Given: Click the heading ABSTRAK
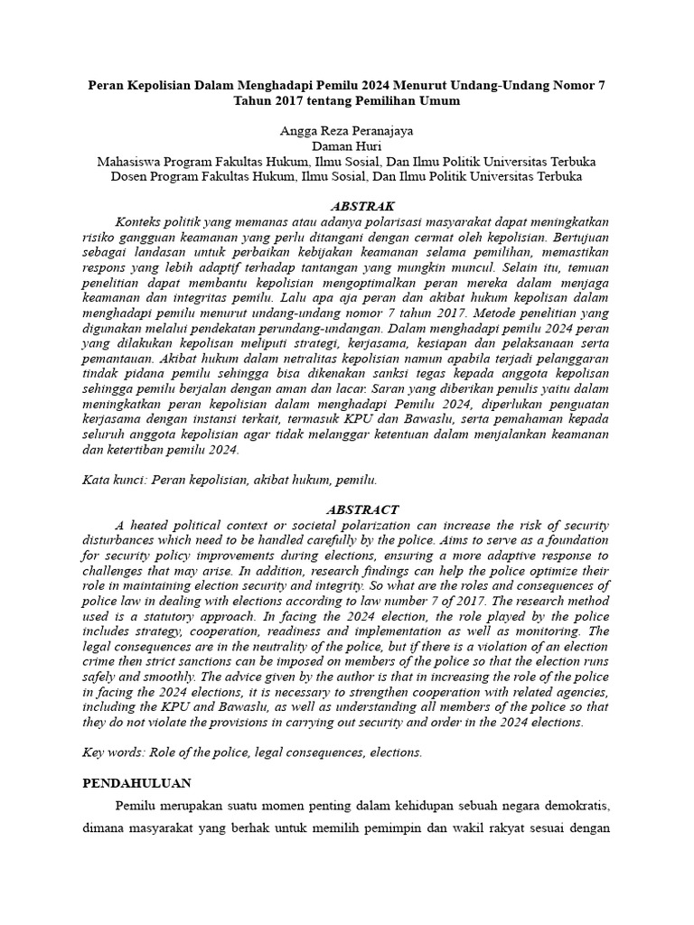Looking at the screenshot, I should (x=346, y=206).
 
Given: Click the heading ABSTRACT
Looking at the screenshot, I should (x=346, y=509).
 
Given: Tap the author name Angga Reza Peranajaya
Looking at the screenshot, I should (x=346, y=131).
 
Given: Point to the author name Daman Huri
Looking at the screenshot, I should (x=346, y=146).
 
